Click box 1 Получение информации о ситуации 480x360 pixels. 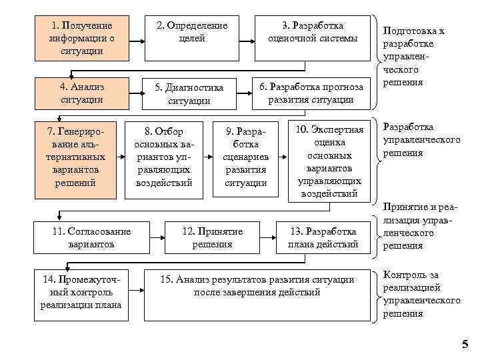[81, 38]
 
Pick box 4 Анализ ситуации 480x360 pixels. [81, 93]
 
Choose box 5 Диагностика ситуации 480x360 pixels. [189, 93]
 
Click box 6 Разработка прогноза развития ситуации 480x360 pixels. [311, 93]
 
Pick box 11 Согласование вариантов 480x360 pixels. [91, 237]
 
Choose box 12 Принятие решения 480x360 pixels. [212, 237]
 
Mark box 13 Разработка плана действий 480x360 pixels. [323, 237]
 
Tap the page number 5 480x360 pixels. [465, 344]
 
